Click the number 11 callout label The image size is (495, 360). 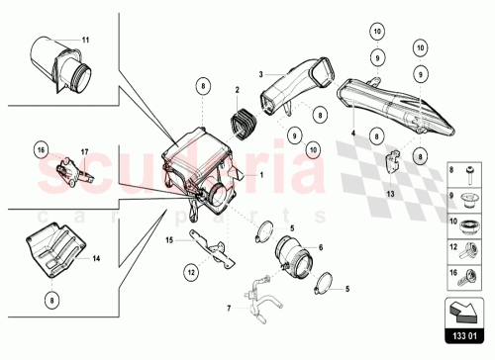point(85,39)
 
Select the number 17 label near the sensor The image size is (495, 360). point(85,151)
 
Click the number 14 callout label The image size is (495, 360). point(97,259)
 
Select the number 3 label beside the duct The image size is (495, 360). point(260,74)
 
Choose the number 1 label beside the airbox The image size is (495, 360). point(260,175)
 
